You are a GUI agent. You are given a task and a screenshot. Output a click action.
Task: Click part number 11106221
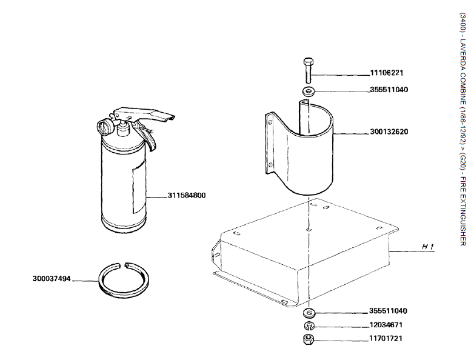click(386, 73)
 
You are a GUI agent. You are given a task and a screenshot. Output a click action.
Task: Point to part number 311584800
click(187, 195)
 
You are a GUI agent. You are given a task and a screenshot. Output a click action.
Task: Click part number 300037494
click(52, 279)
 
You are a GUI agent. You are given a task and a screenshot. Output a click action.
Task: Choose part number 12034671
click(386, 325)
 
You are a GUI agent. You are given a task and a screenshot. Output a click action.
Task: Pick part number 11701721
click(386, 338)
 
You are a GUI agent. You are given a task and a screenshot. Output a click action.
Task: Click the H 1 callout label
click(429, 246)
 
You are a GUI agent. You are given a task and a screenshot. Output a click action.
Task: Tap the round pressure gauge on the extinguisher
click(105, 127)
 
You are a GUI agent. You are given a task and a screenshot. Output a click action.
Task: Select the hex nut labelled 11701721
click(308, 339)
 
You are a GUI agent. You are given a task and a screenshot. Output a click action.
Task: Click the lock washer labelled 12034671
click(308, 325)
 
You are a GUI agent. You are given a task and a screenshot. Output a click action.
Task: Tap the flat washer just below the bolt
click(308, 92)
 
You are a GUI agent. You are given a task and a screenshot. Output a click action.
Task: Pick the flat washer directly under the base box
click(308, 313)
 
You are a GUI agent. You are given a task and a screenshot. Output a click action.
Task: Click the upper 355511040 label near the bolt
click(389, 90)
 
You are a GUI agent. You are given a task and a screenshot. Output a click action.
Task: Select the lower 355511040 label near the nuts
click(389, 311)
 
